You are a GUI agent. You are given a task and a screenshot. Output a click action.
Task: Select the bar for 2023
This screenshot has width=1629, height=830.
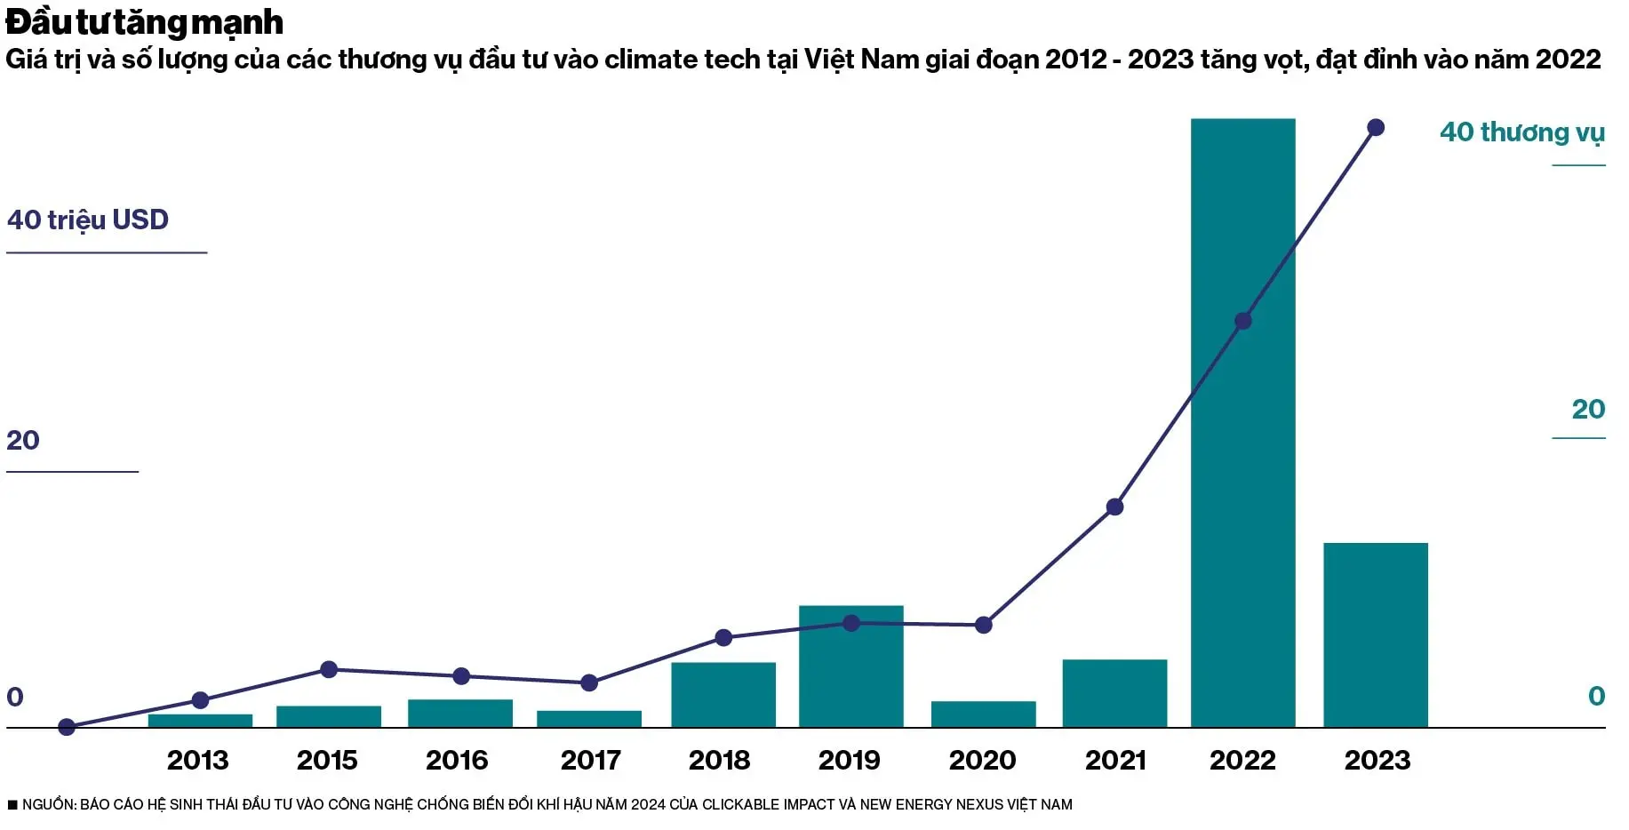tap(1375, 634)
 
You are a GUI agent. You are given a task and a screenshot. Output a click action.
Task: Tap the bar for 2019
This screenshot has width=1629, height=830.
tap(850, 666)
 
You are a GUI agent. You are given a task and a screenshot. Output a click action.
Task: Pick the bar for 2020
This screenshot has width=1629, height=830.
tap(983, 714)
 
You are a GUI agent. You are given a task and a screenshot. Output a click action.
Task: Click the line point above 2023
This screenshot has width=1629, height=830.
tap(1376, 128)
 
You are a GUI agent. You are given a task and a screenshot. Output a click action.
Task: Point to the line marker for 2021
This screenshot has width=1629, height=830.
tap(1114, 507)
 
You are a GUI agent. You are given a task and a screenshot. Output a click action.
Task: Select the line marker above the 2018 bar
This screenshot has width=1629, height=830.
tap(723, 638)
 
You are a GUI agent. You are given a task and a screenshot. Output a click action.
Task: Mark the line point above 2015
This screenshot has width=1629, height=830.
tap(329, 669)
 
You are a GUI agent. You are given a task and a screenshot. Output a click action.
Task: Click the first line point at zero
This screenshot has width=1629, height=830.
tap(67, 728)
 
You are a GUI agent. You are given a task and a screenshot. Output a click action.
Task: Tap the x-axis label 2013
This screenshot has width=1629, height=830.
tap(197, 761)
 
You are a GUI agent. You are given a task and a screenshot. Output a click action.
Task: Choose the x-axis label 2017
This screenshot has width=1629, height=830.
tap(590, 761)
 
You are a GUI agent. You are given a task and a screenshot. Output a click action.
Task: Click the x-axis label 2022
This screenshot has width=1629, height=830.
tap(1242, 761)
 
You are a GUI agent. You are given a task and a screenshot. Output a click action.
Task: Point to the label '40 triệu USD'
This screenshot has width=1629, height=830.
tap(88, 219)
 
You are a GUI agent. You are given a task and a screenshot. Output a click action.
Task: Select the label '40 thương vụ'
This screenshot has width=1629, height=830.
tap(1521, 132)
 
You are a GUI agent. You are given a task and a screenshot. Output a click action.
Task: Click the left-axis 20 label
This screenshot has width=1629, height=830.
tap(23, 440)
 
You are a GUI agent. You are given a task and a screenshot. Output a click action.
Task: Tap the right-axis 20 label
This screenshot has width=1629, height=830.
tap(1588, 409)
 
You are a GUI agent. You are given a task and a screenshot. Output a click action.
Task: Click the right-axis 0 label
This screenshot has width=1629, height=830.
tap(1596, 696)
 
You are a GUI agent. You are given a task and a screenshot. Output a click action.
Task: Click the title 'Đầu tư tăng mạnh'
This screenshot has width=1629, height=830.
tap(145, 22)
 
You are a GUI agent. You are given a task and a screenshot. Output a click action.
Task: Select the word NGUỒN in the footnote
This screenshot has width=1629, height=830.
tap(48, 805)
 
